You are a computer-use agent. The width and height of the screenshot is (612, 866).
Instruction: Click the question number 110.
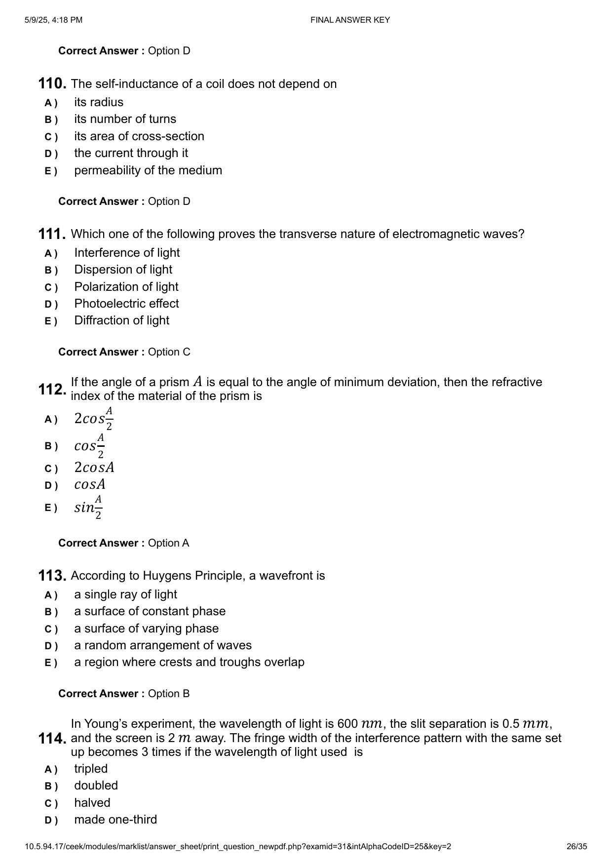[x=52, y=84]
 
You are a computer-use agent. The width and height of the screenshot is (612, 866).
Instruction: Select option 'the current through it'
[x=131, y=153]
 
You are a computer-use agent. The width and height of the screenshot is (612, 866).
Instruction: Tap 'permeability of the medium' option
[x=148, y=170]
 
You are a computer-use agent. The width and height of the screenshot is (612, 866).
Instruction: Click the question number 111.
[x=52, y=234]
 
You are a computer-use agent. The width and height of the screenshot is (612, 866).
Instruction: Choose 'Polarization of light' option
[x=126, y=287]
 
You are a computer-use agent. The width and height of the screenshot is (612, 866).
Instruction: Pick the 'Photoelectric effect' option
[x=126, y=304]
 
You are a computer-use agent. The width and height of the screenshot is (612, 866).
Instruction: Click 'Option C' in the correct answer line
[x=169, y=352]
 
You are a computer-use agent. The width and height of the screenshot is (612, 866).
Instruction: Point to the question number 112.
[x=52, y=390]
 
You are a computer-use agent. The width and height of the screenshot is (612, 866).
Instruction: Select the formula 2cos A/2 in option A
[x=94, y=419]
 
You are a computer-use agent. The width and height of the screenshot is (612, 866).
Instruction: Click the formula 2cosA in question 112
[x=94, y=467]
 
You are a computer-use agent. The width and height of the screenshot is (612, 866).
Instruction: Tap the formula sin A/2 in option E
[x=88, y=507]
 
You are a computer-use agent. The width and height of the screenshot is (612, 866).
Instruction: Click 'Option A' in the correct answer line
[x=168, y=543]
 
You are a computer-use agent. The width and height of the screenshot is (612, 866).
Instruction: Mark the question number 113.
[x=52, y=576]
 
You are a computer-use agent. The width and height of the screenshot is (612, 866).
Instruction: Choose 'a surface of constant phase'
[x=150, y=611]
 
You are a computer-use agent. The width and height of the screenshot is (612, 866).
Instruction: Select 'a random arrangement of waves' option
[x=163, y=645]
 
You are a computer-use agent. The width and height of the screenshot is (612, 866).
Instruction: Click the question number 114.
[x=52, y=739]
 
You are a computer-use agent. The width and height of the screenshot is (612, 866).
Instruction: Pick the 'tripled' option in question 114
[x=91, y=769]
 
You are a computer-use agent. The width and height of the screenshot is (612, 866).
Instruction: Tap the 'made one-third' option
[x=115, y=820]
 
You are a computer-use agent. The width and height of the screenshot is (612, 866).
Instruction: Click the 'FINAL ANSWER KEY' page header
[x=350, y=20]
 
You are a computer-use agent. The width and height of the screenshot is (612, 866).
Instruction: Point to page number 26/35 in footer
[x=576, y=846]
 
